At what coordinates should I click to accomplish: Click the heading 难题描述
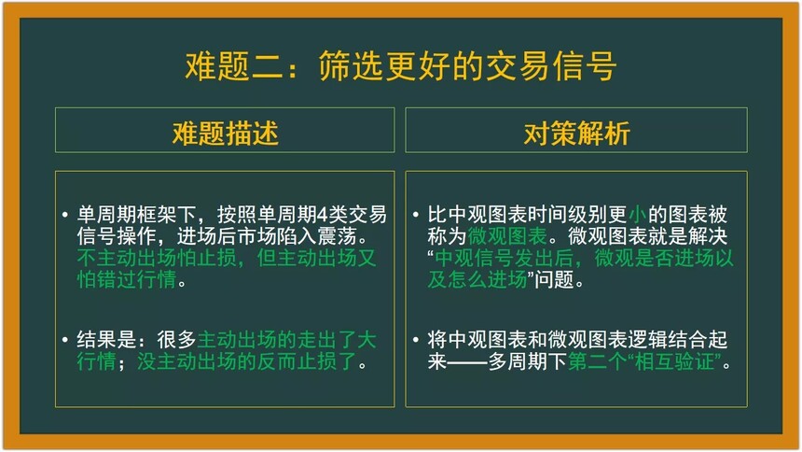click(225, 134)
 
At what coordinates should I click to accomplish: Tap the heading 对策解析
click(576, 134)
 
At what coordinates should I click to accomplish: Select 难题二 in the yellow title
click(234, 66)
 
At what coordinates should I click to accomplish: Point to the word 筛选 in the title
click(351, 66)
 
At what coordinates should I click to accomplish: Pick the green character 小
click(637, 215)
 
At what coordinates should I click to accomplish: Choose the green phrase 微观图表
click(507, 236)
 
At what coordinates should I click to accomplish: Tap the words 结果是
click(106, 340)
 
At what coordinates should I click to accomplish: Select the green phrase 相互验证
click(674, 361)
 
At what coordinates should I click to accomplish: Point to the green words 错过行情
click(136, 280)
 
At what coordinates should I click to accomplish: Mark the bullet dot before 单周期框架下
click(65, 215)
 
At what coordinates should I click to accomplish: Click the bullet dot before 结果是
click(65, 340)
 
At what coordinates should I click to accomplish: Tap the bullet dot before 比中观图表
click(416, 215)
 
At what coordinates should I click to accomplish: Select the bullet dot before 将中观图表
click(416, 340)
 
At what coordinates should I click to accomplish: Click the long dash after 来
click(467, 362)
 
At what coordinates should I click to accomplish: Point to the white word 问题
click(554, 280)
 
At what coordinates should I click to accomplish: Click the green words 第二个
click(597, 361)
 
